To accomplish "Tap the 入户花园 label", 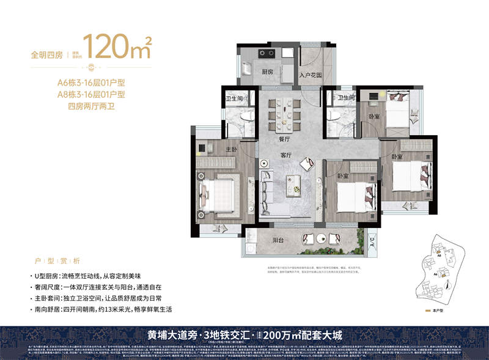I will point(311,76).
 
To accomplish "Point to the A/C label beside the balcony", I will point(373,244).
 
